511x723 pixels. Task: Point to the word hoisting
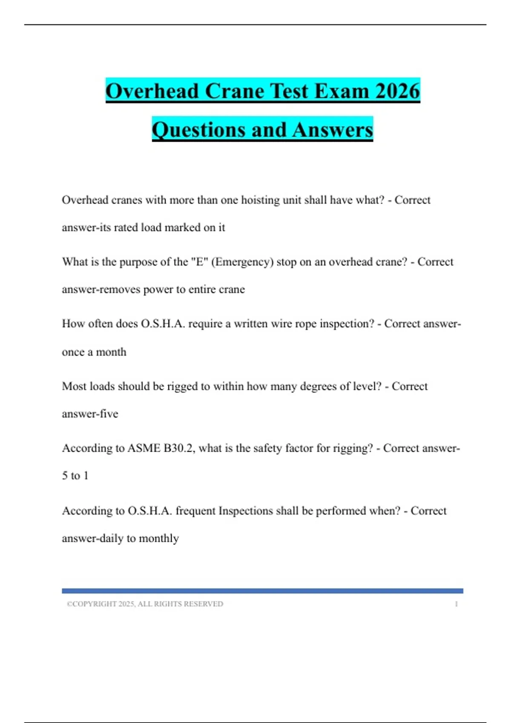click(x=260, y=200)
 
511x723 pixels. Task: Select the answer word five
click(x=109, y=414)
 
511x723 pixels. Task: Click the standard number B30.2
click(x=179, y=448)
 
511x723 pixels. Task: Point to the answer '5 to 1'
click(x=75, y=475)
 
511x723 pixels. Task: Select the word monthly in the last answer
click(x=159, y=538)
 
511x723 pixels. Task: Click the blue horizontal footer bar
click(x=262, y=591)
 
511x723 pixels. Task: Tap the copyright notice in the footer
click(x=145, y=604)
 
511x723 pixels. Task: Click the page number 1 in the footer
click(x=456, y=604)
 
